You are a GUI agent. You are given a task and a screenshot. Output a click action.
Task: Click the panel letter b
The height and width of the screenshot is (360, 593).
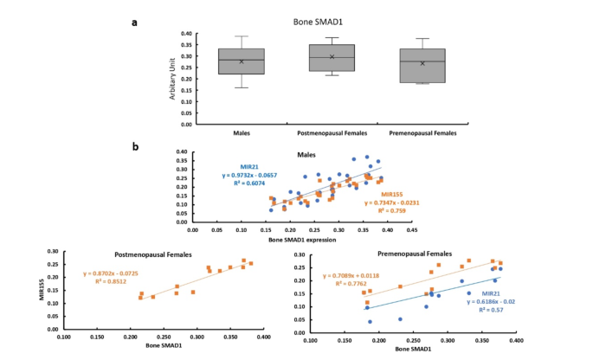point(134,146)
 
